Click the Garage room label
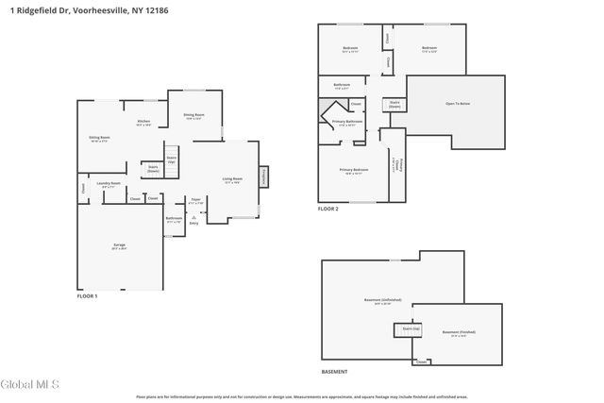pos(119,245)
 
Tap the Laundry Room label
pos(109,184)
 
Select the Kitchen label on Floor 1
pos(143,123)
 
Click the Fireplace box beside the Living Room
pos(263,176)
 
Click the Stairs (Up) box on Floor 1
pos(172,160)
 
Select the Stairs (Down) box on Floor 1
pos(153,169)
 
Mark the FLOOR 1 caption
pos(87,296)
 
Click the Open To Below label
pos(458,105)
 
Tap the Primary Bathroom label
pos(347,122)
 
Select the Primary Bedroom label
pos(353,171)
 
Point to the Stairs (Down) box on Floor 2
pos(394,105)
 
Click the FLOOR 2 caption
pos(327,209)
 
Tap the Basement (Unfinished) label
pos(377,302)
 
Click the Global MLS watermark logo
pos(29,384)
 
